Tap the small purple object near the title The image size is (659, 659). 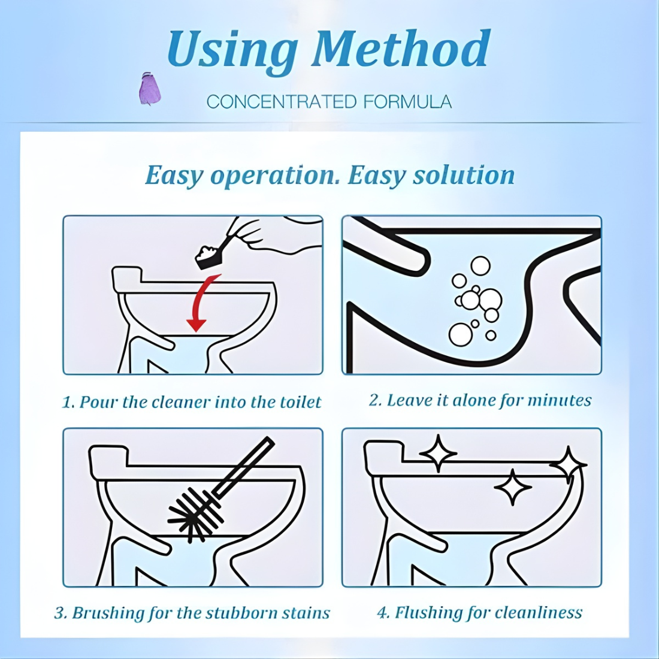pos(149,89)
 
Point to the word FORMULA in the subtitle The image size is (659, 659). pos(407,102)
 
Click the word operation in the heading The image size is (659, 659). pos(276,176)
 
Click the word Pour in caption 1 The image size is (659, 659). pos(99,402)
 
